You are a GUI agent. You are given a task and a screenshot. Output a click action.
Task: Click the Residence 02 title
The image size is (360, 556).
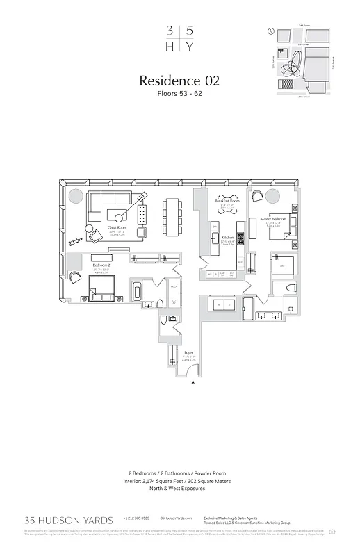179,81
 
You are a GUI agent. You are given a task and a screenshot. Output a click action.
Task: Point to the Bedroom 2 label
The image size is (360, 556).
102,265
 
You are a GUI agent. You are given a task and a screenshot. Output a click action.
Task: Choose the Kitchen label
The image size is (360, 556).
227,237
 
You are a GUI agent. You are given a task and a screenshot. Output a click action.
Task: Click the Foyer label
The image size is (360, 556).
188,352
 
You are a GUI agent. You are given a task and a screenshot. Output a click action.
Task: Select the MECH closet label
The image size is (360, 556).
174,286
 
